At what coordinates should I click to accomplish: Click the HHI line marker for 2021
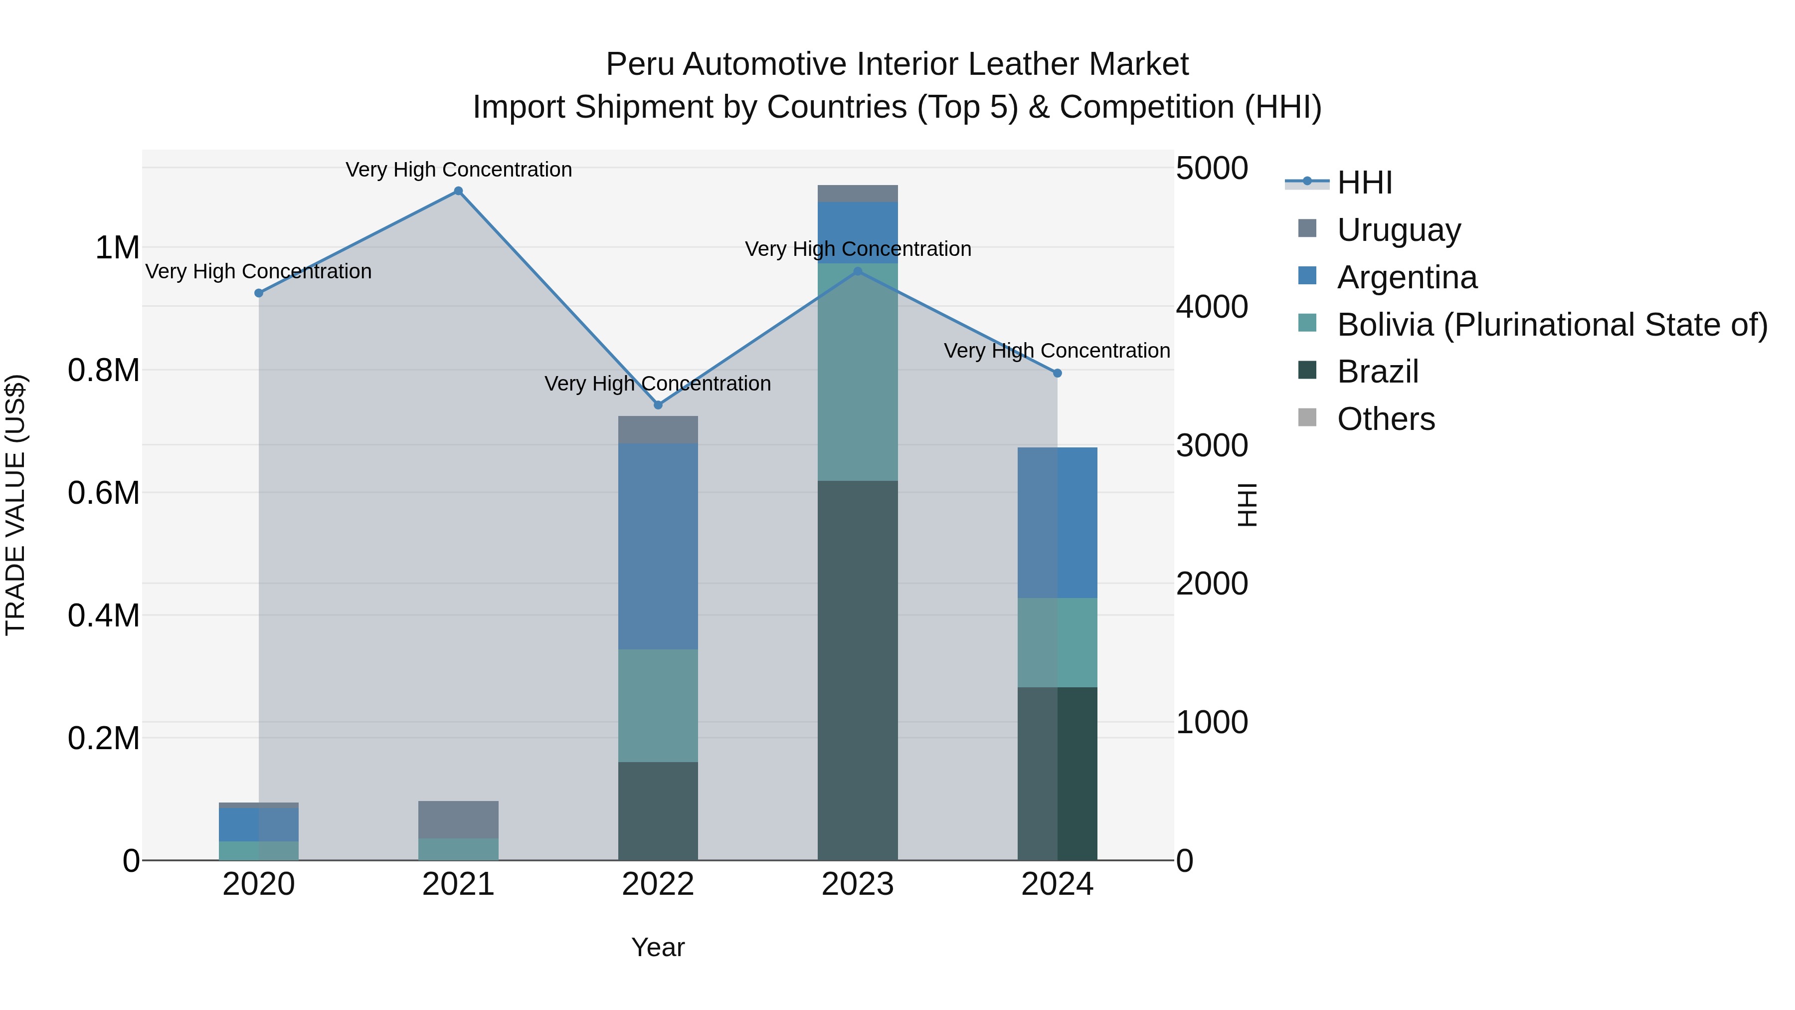tap(459, 191)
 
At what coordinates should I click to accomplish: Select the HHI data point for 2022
tap(658, 405)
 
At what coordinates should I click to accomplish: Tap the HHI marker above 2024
tap(1057, 374)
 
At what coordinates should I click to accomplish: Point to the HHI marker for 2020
tap(258, 293)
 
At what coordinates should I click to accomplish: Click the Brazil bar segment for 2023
tap(857, 669)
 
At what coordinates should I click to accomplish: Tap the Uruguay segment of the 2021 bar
tap(459, 819)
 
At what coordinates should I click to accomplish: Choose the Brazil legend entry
tap(1378, 372)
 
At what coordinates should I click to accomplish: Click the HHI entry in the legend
tap(1364, 183)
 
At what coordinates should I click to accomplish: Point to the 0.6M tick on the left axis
tap(104, 493)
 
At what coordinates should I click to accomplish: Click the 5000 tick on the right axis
tap(1212, 169)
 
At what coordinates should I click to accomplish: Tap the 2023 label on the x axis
tap(857, 884)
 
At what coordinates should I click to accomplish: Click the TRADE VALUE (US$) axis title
tap(15, 505)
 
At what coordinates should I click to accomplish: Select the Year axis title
tap(658, 947)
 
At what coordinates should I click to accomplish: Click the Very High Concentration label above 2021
tap(459, 170)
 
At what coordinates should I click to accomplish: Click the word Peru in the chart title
tap(640, 64)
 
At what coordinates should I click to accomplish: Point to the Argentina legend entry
tap(1407, 277)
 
